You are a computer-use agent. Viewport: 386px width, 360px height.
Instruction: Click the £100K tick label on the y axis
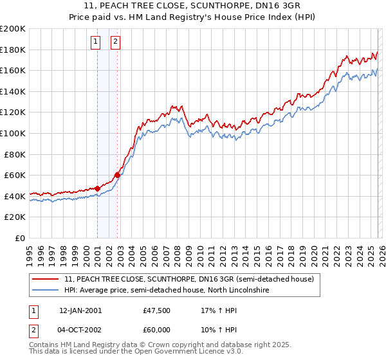(x=13, y=133)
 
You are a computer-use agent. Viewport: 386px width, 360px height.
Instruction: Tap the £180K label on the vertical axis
(x=13, y=50)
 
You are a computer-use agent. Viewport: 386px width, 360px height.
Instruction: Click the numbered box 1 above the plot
(x=95, y=42)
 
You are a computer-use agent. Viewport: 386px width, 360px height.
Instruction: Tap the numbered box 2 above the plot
(x=115, y=42)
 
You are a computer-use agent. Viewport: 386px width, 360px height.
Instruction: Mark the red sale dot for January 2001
(x=97, y=188)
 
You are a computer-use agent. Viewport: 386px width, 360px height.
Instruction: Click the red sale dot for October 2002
(x=117, y=175)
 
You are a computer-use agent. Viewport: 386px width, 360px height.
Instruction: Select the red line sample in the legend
(x=46, y=279)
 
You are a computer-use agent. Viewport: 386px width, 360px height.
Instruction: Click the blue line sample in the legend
(x=46, y=291)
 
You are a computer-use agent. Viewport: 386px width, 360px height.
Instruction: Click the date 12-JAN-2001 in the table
(x=80, y=310)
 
